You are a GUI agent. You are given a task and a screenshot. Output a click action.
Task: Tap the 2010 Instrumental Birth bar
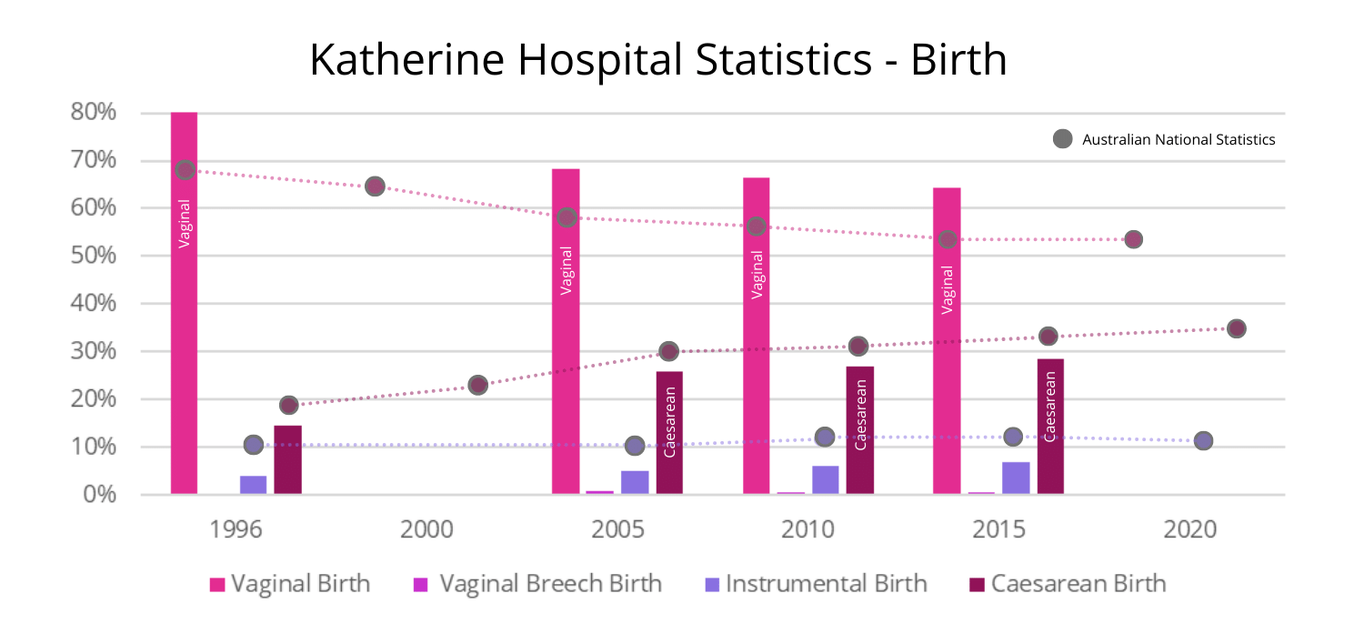tap(825, 479)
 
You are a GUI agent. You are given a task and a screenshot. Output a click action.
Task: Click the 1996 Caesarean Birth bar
tap(287, 459)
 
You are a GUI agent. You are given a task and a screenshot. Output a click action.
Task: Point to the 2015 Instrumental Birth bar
tap(1016, 478)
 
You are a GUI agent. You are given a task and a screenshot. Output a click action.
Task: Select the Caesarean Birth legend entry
tap(1068, 583)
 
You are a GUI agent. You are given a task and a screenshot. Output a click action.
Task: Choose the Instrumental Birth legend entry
tap(816, 583)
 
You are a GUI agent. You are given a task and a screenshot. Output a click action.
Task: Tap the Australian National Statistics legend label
tap(1178, 139)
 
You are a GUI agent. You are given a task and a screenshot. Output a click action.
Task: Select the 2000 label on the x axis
tap(427, 528)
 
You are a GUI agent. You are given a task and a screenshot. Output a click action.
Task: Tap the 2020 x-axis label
tap(1190, 528)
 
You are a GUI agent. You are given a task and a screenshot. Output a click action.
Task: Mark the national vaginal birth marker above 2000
tap(375, 186)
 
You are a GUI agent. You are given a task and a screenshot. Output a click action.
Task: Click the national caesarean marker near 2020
tap(1236, 328)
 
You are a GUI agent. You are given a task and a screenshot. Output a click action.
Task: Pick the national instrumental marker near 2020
tap(1203, 440)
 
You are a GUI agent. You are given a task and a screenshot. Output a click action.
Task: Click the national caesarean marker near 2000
tap(477, 385)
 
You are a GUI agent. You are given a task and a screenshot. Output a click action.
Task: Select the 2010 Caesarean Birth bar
tap(859, 429)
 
